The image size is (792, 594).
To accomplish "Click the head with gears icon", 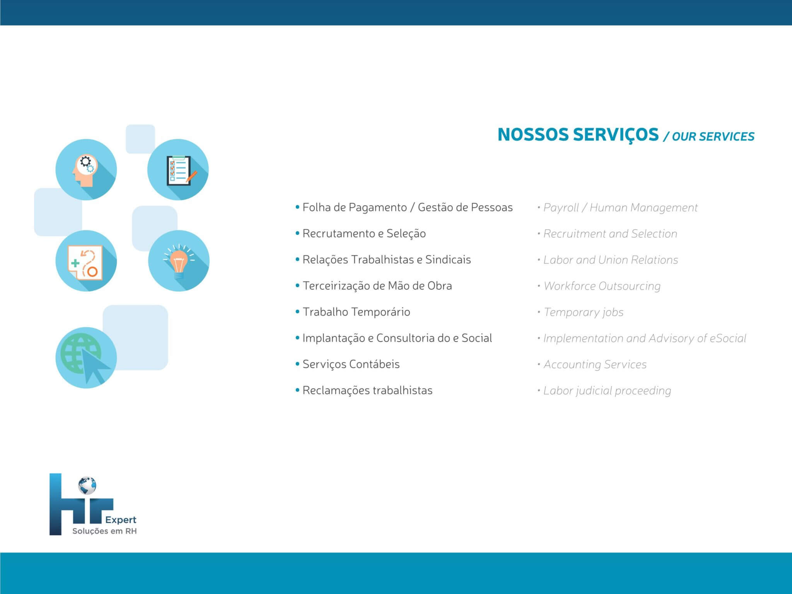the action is click(86, 169).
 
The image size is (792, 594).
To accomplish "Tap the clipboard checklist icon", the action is click(178, 169).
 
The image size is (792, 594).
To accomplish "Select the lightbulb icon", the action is click(179, 261).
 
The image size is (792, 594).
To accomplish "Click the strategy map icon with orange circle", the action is click(86, 261).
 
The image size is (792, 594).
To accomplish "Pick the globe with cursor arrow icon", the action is click(86, 358).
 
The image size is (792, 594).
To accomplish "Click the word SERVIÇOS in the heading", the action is click(615, 135).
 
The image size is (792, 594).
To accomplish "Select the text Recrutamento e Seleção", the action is click(364, 234).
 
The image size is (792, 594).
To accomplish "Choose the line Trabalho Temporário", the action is click(356, 312).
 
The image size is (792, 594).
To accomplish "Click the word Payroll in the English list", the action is click(561, 208).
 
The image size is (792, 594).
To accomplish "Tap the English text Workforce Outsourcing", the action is click(602, 286).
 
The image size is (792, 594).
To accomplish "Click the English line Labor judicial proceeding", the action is click(607, 391).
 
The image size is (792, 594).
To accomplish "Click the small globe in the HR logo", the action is click(87, 486).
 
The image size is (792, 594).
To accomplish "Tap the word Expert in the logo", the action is click(121, 520).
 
